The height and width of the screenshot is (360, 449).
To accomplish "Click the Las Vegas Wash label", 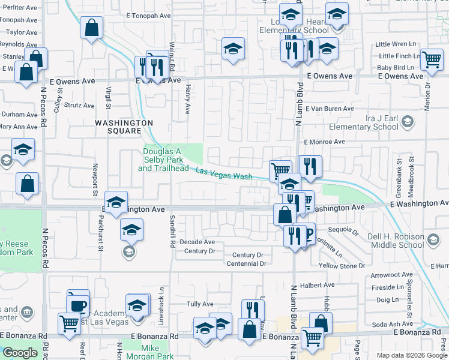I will pyautogui.click(x=224, y=175).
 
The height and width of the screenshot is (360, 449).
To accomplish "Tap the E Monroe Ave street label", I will pyautogui.click(x=324, y=142).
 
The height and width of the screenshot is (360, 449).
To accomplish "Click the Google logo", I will pyautogui.click(x=20, y=353).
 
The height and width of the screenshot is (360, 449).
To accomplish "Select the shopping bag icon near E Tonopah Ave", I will pyautogui.click(x=91, y=27).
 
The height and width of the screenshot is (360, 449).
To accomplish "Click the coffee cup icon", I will pyautogui.click(x=78, y=304).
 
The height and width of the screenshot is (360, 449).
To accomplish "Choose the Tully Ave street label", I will pyautogui.click(x=200, y=304).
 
